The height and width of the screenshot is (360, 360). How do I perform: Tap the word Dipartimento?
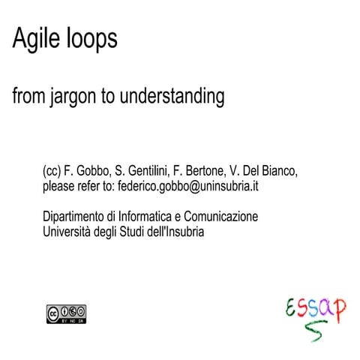[79, 217]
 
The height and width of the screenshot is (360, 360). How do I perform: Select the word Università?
[71, 231]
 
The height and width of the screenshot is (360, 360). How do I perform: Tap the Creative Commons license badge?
[67, 314]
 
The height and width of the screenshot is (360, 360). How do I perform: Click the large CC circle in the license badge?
[54, 311]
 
